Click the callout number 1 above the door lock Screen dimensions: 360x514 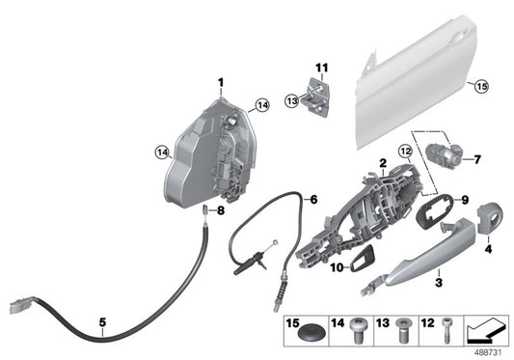click(x=219, y=81)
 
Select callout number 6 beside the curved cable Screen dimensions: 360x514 click(x=311, y=200)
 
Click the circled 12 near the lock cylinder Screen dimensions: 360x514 click(x=404, y=153)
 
